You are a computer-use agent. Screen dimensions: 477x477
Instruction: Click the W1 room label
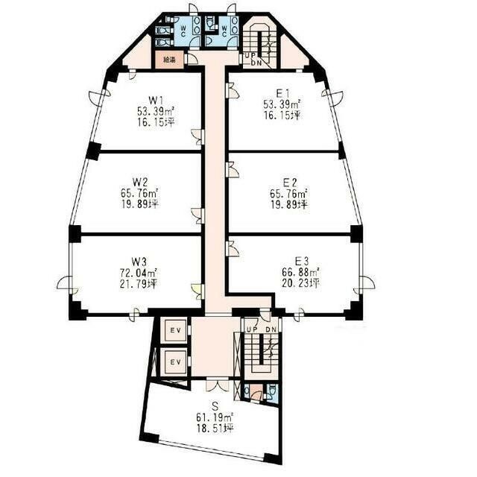tap(157, 99)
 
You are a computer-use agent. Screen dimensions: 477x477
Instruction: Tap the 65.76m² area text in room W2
tap(139, 193)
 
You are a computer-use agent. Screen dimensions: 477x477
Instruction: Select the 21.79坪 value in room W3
tap(139, 284)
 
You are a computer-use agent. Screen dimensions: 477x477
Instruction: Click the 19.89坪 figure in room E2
tap(289, 205)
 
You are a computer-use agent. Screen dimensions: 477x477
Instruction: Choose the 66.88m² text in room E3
tap(300, 271)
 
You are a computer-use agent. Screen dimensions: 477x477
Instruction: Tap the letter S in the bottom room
tap(215, 405)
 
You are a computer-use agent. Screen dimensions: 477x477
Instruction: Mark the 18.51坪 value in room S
tap(215, 429)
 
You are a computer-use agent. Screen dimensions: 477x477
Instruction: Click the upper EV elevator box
tap(176, 330)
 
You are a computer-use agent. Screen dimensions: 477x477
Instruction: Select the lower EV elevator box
tap(176, 362)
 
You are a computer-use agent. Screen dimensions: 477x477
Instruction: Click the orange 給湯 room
tap(170, 60)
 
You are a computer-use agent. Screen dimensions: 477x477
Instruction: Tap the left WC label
tap(183, 31)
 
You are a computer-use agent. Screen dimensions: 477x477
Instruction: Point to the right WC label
tap(224, 31)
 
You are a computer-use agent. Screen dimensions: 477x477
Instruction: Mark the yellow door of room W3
tap(197, 291)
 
